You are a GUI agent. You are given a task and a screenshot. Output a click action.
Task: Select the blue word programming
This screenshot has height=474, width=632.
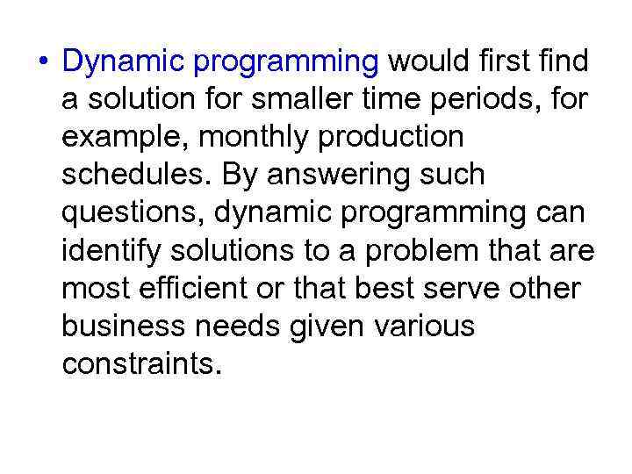[286, 63]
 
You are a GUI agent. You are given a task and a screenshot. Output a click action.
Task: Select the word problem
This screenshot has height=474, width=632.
[415, 251]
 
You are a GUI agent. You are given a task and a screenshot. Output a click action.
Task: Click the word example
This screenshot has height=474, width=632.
[122, 138]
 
